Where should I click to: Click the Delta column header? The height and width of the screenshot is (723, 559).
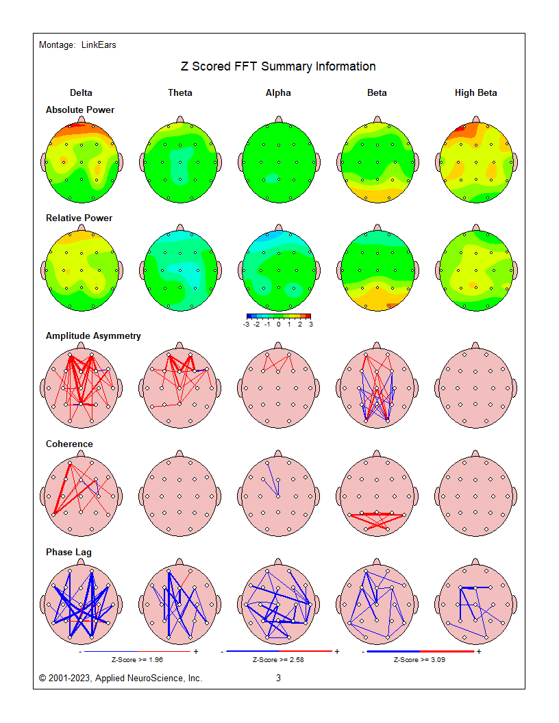click(81, 93)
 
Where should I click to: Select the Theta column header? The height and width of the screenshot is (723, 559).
click(180, 93)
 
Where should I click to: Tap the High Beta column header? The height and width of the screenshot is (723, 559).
click(476, 93)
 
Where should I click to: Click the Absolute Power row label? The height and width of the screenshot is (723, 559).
click(80, 110)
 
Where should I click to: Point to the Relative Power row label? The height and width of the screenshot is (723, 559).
click(79, 218)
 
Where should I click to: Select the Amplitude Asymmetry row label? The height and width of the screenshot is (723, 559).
click(93, 335)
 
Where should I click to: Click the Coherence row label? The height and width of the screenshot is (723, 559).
click(69, 444)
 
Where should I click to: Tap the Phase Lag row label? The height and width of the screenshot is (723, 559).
click(69, 552)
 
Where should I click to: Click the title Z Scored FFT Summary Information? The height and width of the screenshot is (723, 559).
click(278, 66)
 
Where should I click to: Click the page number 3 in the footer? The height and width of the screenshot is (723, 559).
click(278, 678)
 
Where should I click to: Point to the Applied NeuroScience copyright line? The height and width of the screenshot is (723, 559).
click(121, 678)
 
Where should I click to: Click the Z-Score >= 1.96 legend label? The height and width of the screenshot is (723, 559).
click(138, 660)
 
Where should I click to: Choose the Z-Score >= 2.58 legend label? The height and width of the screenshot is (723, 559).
click(279, 660)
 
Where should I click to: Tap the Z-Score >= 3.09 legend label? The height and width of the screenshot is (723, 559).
click(420, 660)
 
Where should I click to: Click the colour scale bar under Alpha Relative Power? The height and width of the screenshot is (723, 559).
click(278, 316)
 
